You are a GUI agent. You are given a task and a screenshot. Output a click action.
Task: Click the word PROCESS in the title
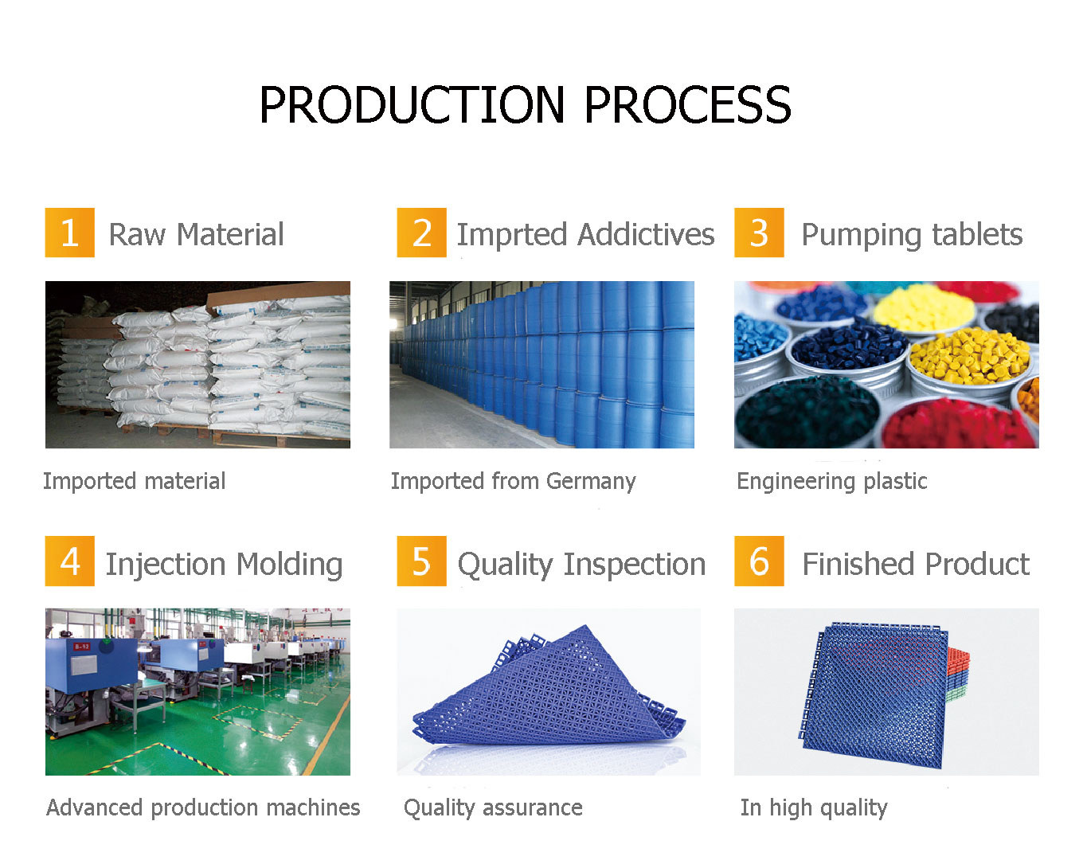click(x=687, y=106)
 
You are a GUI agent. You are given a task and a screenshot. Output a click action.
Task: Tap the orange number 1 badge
click(x=69, y=233)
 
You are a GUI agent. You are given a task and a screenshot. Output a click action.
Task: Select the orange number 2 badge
click(x=421, y=233)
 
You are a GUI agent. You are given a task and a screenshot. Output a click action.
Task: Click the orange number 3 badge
click(x=759, y=233)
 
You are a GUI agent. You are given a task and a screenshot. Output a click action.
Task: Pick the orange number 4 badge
click(x=69, y=561)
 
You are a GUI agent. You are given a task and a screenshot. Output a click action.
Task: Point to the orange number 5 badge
click(x=421, y=561)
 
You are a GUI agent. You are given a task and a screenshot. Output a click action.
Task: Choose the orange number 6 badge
click(x=759, y=561)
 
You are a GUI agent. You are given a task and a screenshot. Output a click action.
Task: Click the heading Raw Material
click(x=196, y=235)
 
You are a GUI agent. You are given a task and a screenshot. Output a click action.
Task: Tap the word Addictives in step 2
click(x=647, y=235)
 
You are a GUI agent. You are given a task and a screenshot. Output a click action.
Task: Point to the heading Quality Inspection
click(x=581, y=565)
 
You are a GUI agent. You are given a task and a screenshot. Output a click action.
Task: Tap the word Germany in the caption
click(x=591, y=482)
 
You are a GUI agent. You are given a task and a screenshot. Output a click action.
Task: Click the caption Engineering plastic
click(x=831, y=482)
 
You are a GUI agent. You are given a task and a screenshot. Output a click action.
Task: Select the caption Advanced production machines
click(x=203, y=807)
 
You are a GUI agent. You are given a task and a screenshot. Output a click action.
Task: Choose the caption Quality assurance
click(x=493, y=807)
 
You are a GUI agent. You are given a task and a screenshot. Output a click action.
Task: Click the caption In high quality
click(x=813, y=807)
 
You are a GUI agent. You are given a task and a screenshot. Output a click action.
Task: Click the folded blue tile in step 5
click(x=549, y=689)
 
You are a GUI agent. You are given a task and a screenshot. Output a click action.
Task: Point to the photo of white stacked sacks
click(x=197, y=365)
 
